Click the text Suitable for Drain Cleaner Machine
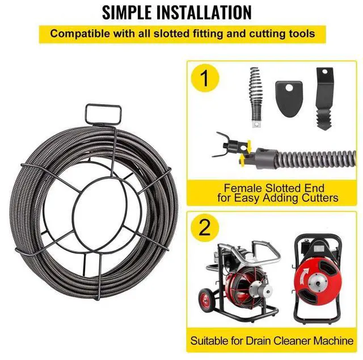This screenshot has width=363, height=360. point(271,341)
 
